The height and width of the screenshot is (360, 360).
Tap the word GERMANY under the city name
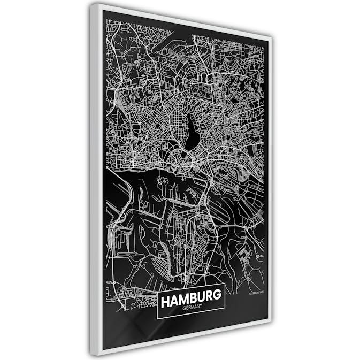click(191, 309)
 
